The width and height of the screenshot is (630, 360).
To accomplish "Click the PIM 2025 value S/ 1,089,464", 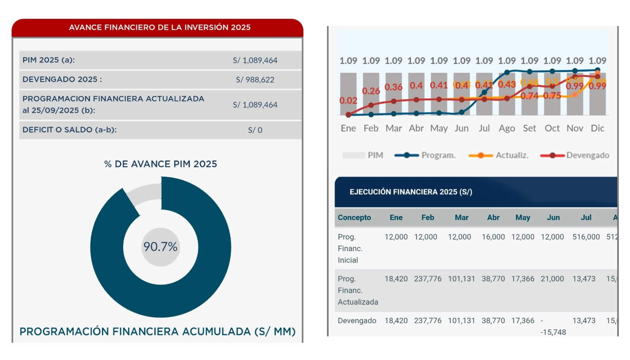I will pyautogui.click(x=255, y=60).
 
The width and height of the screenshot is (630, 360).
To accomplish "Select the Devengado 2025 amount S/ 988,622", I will pyautogui.click(x=255, y=80).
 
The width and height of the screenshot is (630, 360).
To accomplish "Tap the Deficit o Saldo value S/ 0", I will pyautogui.click(x=255, y=130).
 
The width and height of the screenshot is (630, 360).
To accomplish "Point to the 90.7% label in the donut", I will pyautogui.click(x=160, y=247).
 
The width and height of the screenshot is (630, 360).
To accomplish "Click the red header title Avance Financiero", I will pyautogui.click(x=159, y=27).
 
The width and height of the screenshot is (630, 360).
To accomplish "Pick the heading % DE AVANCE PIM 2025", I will pyautogui.click(x=160, y=164).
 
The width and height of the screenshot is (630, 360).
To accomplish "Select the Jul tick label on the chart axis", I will pyautogui.click(x=484, y=128).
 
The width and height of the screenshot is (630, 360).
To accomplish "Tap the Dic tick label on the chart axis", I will pyautogui.click(x=597, y=128).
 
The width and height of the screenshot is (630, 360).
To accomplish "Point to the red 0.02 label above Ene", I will pyautogui.click(x=348, y=100).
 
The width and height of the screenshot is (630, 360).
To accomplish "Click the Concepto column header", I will pyautogui.click(x=354, y=218).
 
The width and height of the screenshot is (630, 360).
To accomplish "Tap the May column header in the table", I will pyautogui.click(x=522, y=218).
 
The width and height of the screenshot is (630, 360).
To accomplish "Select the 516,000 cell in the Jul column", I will pyautogui.click(x=586, y=237).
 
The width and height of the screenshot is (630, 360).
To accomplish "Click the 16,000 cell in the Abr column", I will pyautogui.click(x=493, y=237).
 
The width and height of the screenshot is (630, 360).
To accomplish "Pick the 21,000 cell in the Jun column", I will pyautogui.click(x=552, y=279).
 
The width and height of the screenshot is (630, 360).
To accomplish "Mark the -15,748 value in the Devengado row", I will pyautogui.click(x=553, y=332).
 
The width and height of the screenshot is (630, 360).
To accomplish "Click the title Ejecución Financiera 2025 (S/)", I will pyautogui.click(x=411, y=192).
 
